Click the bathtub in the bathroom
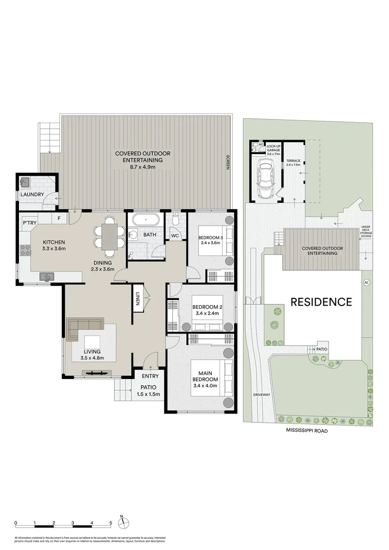[x=146, y=221]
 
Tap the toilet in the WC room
[x=175, y=221]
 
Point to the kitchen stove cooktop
[x=25, y=251]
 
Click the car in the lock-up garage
[x=265, y=178]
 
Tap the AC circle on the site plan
[x=365, y=283]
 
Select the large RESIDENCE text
[x=321, y=301]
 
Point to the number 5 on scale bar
[x=110, y=523]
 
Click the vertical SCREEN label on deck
[x=228, y=162]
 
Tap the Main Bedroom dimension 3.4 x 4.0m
[x=205, y=386]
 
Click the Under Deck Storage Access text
[x=366, y=232]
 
